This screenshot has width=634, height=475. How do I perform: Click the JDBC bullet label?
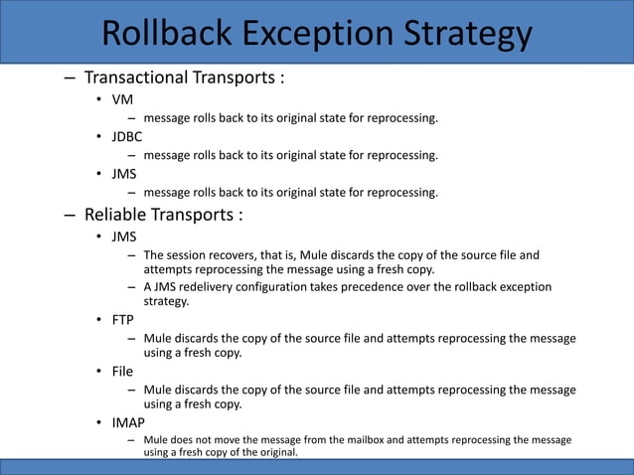127,137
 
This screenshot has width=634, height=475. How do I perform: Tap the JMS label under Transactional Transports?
124,173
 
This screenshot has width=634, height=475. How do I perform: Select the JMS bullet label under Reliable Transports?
124,237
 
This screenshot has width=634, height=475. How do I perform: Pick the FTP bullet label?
123,320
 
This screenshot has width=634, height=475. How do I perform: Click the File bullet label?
122,371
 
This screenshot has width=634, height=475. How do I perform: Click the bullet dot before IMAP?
99,422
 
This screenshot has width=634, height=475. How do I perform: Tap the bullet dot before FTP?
99,321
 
